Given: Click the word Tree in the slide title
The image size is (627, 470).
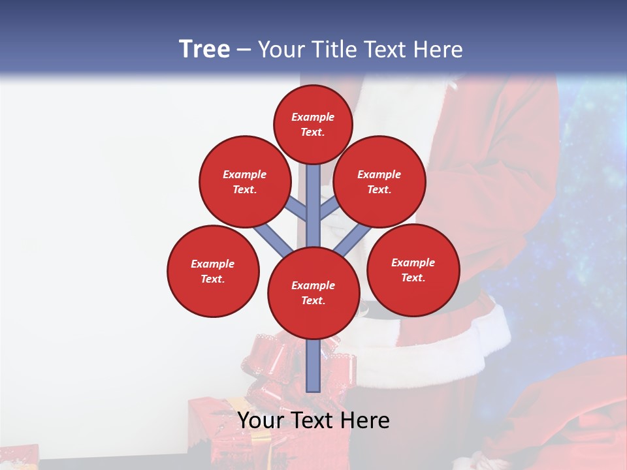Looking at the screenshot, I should click(204, 50).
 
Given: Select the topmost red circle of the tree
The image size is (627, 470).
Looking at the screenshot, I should click(313, 124).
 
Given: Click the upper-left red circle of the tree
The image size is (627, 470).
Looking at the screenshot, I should click(244, 181).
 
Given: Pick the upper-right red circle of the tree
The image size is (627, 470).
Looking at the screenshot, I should click(379, 181).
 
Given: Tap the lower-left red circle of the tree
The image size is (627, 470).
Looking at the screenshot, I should click(213, 271).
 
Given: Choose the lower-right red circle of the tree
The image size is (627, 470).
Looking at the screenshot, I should click(413, 270).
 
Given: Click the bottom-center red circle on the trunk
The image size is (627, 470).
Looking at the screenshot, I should click(313, 292).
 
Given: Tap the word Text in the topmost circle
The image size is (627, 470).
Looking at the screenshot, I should click(312, 132).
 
